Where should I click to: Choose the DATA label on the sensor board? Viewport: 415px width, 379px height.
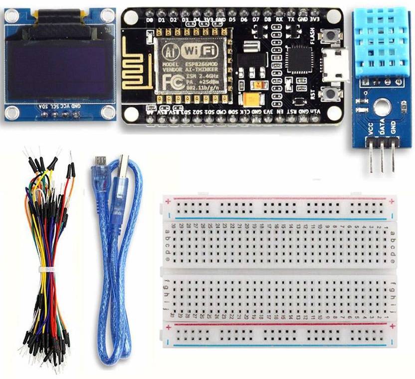click(382, 129)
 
